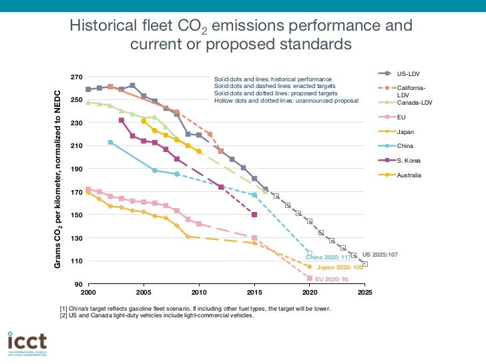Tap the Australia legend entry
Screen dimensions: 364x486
(409, 175)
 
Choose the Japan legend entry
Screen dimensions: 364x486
(406, 131)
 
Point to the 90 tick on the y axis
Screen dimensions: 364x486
(80, 284)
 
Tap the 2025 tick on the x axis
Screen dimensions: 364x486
(364, 292)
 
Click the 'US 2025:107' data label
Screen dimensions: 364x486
(380, 255)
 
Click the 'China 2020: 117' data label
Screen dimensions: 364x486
(328, 257)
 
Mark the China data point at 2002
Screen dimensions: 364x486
(110, 142)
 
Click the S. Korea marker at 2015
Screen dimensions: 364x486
(254, 215)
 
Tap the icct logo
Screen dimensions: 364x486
(27, 342)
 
